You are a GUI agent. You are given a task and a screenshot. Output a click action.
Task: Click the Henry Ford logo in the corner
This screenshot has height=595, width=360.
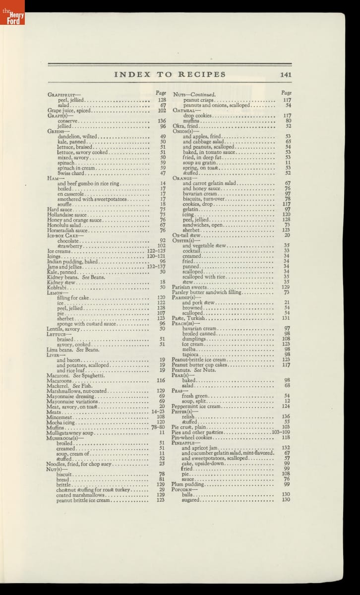[12, 12]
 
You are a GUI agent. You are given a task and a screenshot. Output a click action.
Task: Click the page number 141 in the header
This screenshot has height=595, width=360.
[285, 75]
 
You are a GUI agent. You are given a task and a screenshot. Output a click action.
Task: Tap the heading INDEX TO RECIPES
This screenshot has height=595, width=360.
[170, 75]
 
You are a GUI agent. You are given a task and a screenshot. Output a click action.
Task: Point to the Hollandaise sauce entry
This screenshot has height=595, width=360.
[67, 215]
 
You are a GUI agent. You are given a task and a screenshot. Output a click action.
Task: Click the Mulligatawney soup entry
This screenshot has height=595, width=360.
[70, 432]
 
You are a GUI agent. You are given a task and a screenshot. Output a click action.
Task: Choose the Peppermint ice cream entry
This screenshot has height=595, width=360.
[196, 406]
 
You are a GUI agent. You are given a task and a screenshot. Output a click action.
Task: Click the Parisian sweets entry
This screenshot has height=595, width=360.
[189, 287]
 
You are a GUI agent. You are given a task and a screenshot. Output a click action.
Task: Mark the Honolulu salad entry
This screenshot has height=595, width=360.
[63, 225]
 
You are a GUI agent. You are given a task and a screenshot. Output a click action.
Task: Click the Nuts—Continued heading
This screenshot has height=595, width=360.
[194, 94]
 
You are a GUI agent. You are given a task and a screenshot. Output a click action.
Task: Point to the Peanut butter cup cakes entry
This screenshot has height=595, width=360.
[199, 364]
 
